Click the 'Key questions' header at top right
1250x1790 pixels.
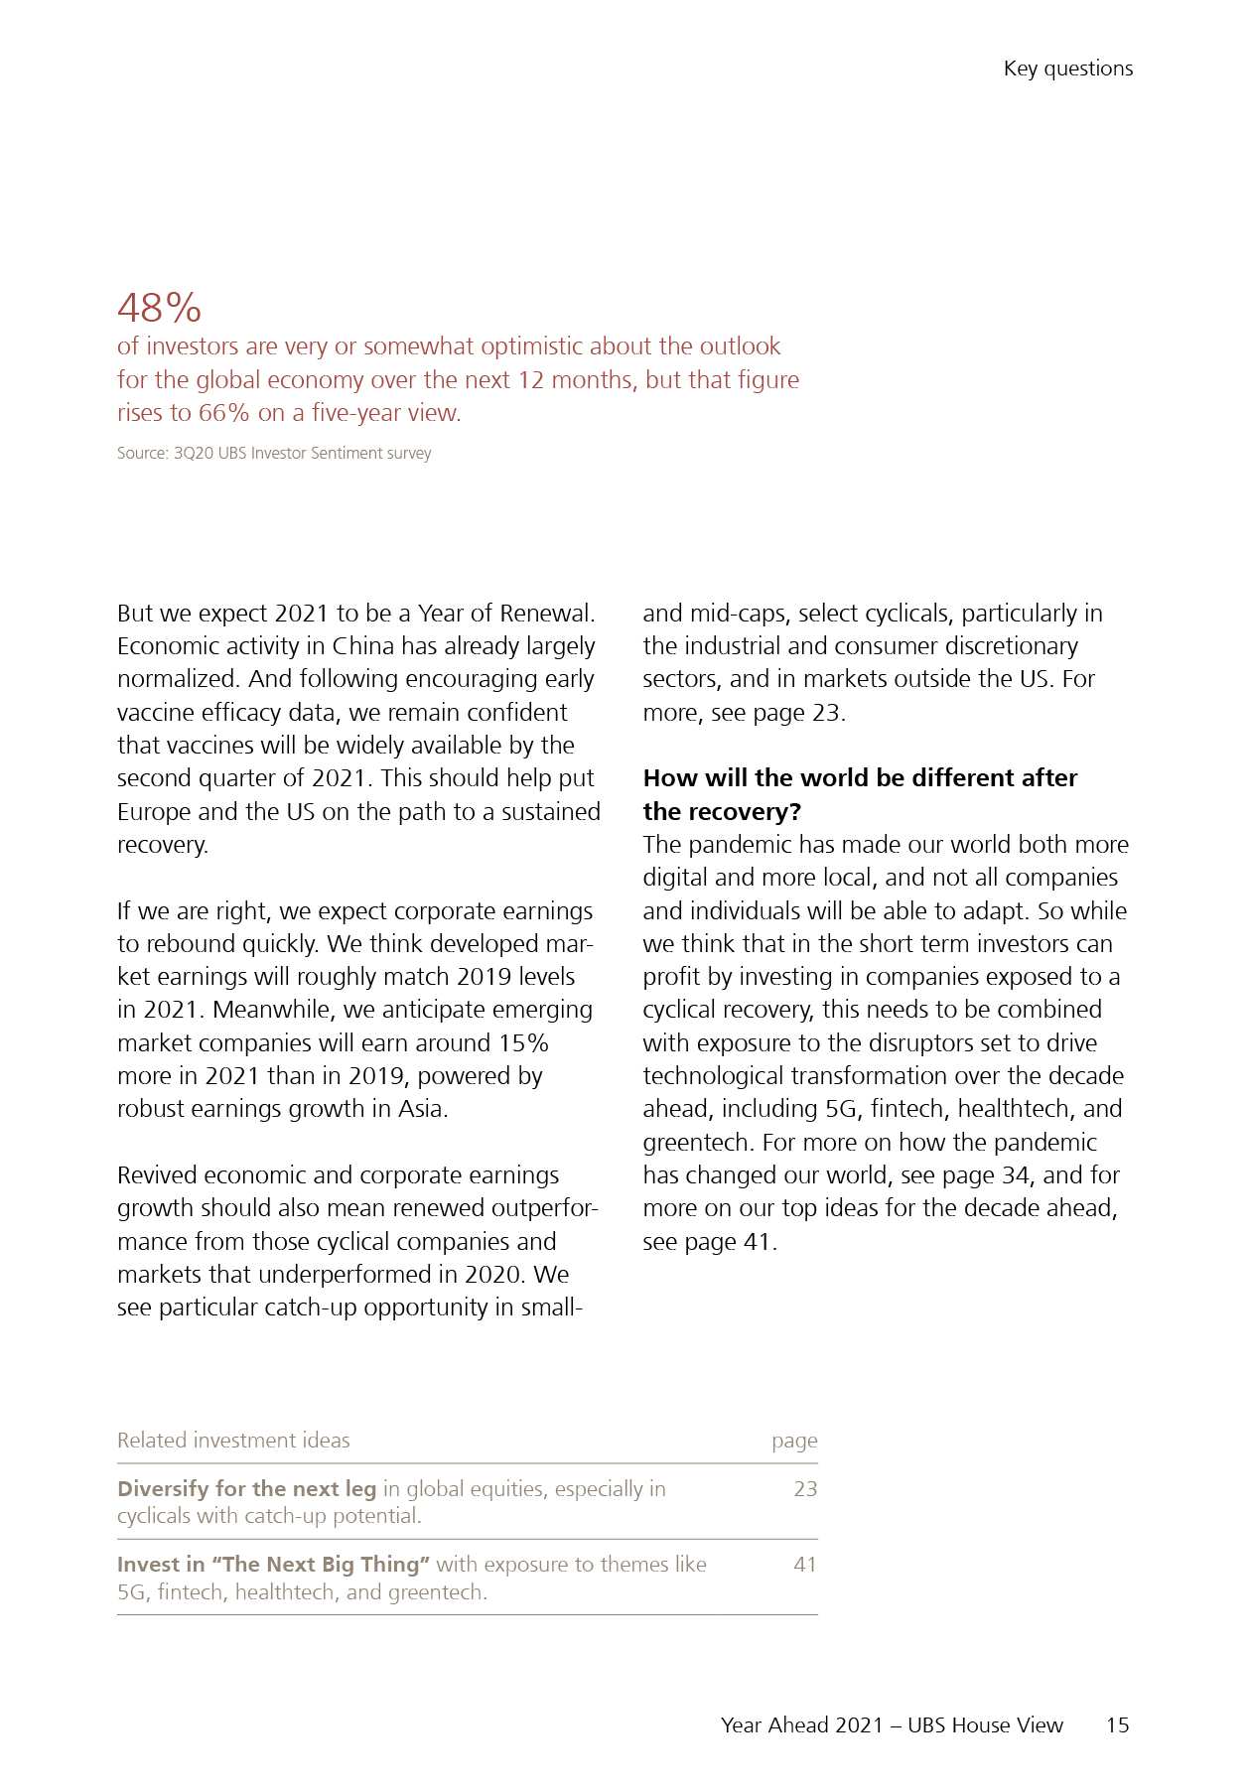[1067, 69]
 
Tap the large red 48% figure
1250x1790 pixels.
[159, 308]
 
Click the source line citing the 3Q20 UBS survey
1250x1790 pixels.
[274, 454]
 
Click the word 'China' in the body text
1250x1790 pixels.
[363, 646]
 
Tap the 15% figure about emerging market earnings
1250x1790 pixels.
[523, 1043]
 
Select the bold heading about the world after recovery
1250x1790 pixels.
[860, 794]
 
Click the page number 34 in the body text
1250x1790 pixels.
[1015, 1175]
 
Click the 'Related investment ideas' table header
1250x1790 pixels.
[233, 1441]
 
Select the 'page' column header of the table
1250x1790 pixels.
[794, 1441]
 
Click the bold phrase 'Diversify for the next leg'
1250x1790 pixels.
[246, 1489]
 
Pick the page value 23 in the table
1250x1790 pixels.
[805, 1489]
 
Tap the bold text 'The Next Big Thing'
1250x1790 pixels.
[326, 1565]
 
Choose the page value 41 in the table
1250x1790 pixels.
[805, 1565]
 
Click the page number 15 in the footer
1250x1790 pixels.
[1117, 1725]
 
